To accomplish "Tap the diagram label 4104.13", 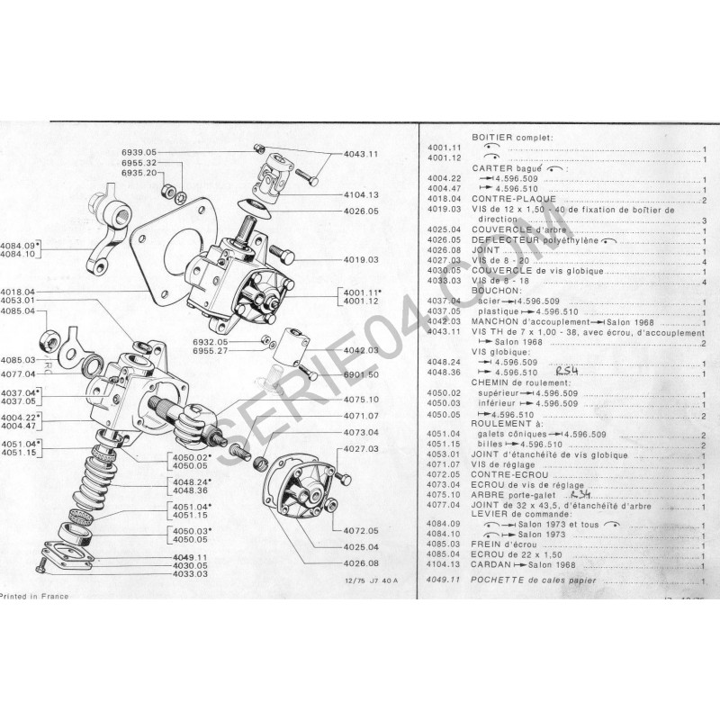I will [x=360, y=194].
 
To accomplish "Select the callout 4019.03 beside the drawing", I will [x=360, y=259].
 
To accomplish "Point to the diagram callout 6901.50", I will [x=361, y=373].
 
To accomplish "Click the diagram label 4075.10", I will [x=361, y=399].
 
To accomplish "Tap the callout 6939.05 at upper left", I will [x=139, y=152].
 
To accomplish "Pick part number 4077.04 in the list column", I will [x=445, y=506].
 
